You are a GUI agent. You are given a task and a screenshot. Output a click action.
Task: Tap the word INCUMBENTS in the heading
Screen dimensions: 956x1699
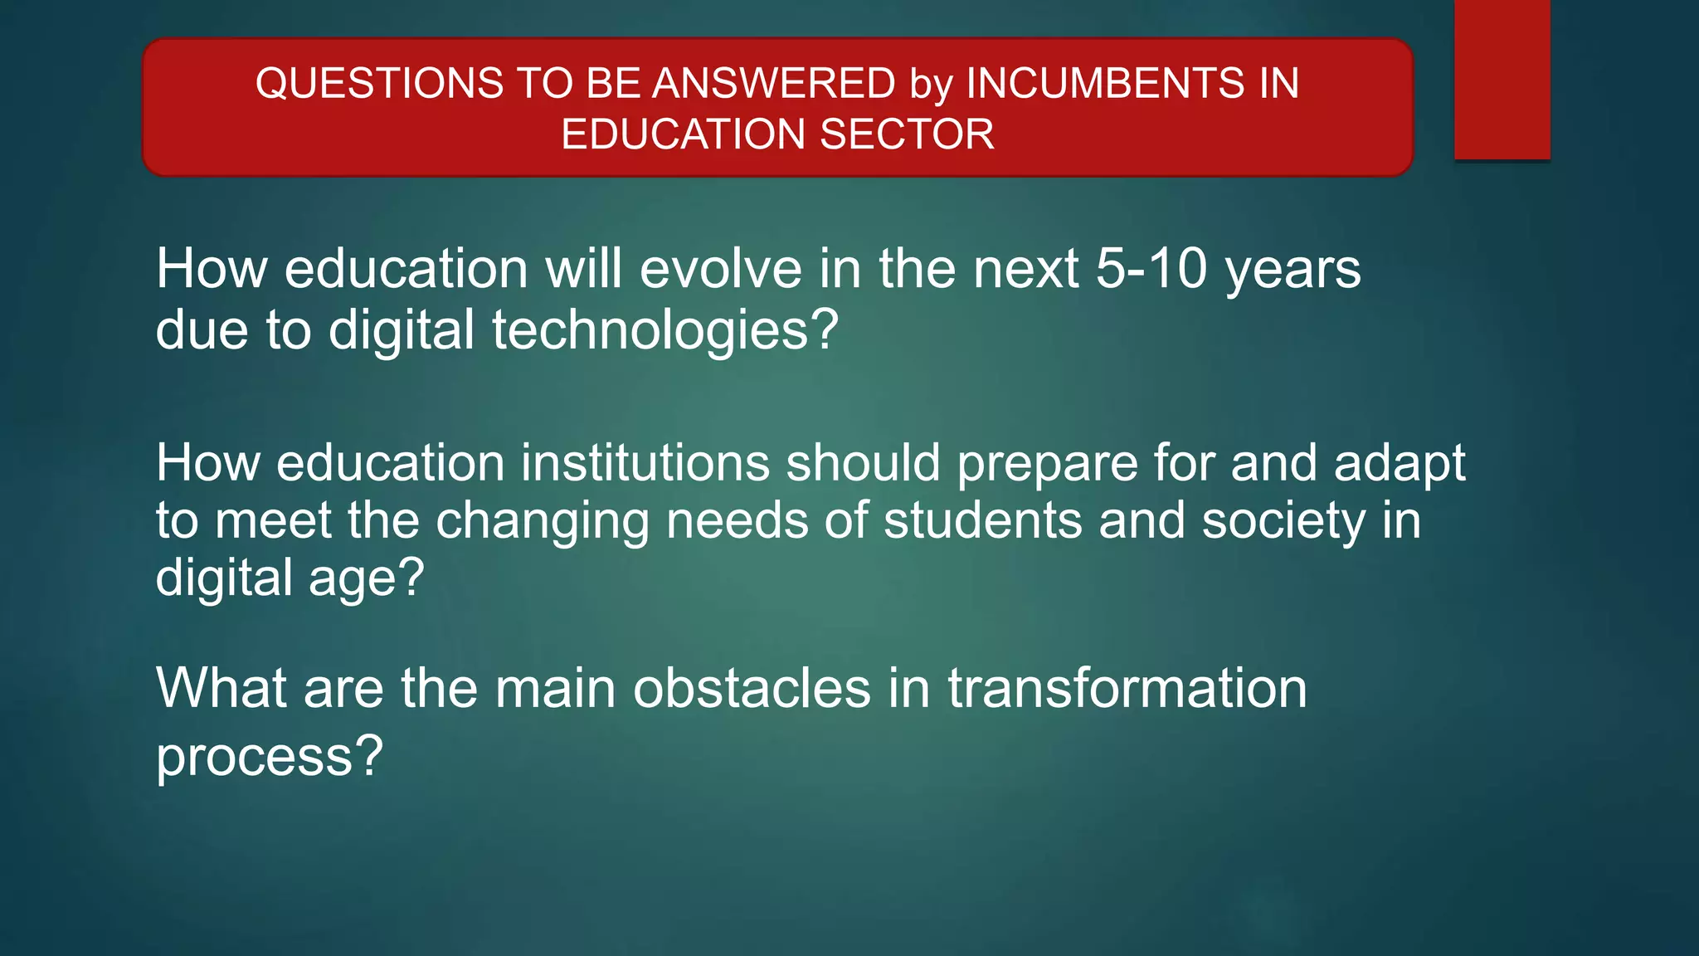click(1107, 84)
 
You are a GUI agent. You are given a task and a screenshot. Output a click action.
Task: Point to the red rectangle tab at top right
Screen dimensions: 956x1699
click(1502, 79)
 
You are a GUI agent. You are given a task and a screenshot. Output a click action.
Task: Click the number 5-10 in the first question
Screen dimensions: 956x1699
click(1151, 269)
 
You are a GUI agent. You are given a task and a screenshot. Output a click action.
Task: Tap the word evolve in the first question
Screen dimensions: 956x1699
click(721, 269)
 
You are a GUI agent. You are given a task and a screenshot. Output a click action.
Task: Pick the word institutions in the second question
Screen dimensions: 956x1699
click(645, 462)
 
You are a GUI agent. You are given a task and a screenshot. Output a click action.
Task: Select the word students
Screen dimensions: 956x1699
click(983, 520)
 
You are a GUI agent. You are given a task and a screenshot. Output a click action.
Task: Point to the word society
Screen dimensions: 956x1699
click(1283, 522)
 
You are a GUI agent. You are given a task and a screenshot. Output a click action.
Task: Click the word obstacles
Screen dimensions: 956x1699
click(752, 688)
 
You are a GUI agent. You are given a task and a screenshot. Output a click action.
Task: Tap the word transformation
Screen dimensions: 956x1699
click(1127, 688)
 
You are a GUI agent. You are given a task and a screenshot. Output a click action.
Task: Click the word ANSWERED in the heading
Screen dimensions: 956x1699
click(774, 84)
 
